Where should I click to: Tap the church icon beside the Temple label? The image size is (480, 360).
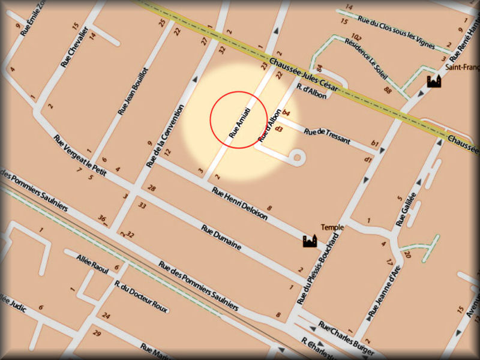(x=310, y=241)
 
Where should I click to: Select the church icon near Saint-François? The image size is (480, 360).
(x=433, y=81)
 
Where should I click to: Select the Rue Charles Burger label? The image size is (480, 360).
(x=347, y=338)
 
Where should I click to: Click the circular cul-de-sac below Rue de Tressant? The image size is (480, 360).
(x=296, y=158)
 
